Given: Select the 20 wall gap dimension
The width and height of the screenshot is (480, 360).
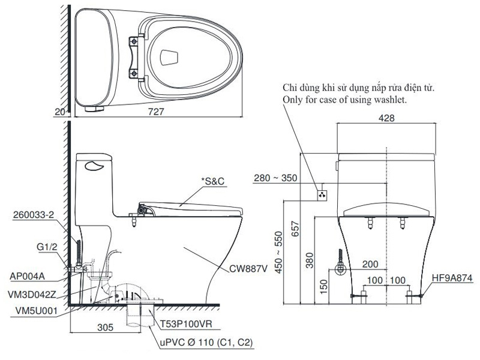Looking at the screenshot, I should (58, 111).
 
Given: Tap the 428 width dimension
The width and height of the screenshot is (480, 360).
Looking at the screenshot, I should (387, 118).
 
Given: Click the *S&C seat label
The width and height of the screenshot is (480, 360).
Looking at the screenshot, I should (214, 181).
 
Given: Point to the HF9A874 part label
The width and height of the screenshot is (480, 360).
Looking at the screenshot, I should (452, 278).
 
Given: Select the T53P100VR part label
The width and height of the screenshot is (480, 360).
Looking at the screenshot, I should (185, 324).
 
